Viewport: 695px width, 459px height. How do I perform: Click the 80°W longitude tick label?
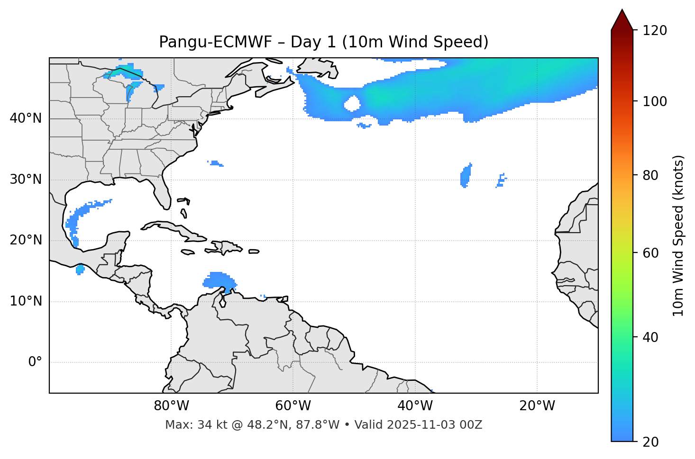pos(171,406)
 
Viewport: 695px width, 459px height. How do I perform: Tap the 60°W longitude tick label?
pos(293,406)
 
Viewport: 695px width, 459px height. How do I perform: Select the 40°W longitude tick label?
pos(415,406)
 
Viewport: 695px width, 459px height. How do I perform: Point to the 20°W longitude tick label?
pos(537,406)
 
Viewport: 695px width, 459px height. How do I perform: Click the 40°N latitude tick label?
pos(26,118)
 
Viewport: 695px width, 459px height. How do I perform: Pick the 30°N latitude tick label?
pos(26,180)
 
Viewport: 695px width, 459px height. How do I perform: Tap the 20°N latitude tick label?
pos(26,240)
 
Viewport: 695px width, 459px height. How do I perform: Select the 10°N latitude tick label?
pos(26,301)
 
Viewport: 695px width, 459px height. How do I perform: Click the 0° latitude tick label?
pos(35,362)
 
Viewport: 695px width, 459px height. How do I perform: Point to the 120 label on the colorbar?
pos(656,31)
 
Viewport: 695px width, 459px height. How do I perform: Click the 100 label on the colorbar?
pos(656,101)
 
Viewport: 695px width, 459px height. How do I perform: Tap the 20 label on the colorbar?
pos(650,442)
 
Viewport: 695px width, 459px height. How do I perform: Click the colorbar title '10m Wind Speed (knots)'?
pos(678,236)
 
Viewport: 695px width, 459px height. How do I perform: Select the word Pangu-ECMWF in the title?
pos(215,42)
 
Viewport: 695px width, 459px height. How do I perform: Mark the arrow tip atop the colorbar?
pos(622,10)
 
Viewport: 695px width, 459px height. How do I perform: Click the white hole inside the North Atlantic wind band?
pos(352,103)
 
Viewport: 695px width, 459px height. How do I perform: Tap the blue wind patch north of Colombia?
pos(219,280)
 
